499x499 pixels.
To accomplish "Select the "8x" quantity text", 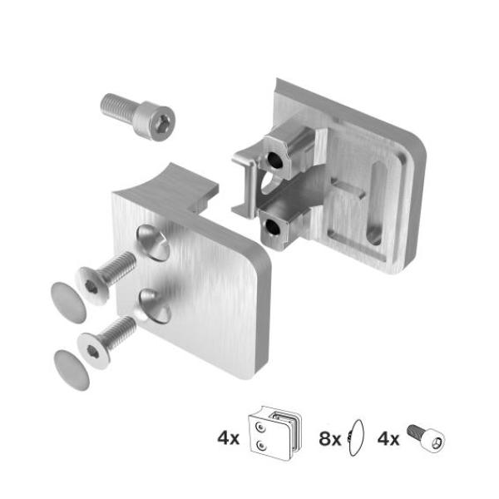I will pos(330,437).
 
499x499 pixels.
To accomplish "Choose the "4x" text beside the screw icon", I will pos(388,437).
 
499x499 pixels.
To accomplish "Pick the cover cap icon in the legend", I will pos(358,436).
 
